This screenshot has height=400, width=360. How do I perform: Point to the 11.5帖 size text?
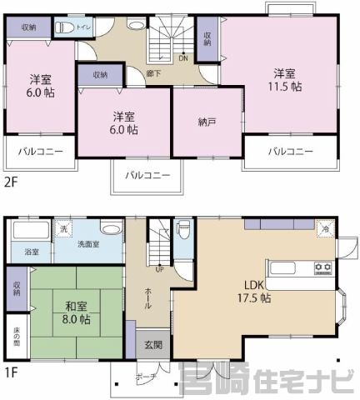284,88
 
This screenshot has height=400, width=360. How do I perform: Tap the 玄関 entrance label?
148,344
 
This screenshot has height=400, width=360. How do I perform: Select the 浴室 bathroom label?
32,251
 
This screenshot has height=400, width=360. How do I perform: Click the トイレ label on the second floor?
83,27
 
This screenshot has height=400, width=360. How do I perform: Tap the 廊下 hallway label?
153,73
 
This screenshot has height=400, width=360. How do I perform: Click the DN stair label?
182,58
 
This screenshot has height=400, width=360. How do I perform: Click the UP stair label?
159,268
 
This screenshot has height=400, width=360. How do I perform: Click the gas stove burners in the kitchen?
322,267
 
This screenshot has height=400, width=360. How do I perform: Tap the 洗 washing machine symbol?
62,227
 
